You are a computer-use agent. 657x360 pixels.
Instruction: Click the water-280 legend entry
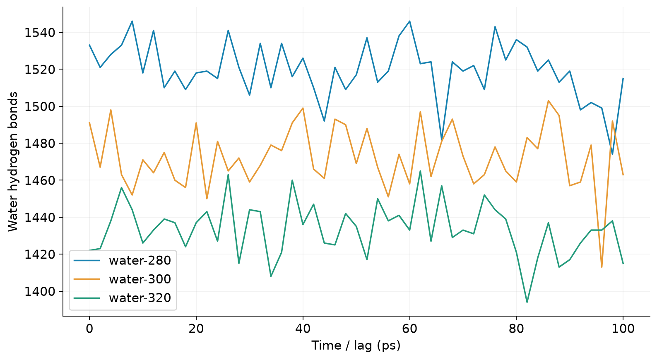pos(122,260)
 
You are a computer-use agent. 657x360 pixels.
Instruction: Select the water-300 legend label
pos(140,279)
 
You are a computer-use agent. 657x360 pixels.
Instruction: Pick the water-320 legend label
pos(140,298)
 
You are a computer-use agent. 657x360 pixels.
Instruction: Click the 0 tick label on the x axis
pos(89,329)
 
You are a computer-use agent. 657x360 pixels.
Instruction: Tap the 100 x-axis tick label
pos(623,329)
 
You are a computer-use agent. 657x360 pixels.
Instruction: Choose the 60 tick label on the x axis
pos(409,329)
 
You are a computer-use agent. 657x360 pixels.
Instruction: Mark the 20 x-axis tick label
pos(196,329)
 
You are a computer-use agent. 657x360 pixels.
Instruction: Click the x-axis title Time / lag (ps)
pos(356,346)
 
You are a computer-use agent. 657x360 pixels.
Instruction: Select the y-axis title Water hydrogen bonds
pos(13,162)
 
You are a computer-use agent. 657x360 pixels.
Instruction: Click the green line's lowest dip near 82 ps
pos(527,302)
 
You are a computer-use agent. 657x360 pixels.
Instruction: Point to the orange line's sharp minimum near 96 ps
pos(602,267)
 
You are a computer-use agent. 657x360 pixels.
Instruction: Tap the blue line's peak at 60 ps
pos(409,21)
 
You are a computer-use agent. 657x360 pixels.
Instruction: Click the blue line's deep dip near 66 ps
pos(441,139)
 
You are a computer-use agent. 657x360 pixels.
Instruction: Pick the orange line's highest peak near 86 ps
pos(548,101)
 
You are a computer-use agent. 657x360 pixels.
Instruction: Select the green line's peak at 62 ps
pos(420,171)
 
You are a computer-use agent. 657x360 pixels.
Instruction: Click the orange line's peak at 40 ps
pos(303,108)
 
